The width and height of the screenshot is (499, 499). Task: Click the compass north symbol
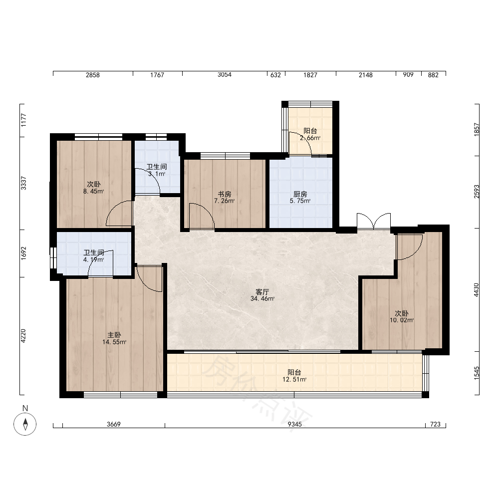(25, 424)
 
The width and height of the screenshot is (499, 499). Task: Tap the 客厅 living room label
(262, 291)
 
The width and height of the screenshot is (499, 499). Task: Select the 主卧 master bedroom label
(114, 335)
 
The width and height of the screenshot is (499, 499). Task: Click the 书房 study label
(225, 194)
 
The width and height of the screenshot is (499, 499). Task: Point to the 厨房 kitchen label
(300, 194)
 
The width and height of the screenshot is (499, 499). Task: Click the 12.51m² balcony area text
(294, 379)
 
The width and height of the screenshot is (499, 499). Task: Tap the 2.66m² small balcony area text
(310, 138)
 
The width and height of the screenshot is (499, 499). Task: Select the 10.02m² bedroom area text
(402, 320)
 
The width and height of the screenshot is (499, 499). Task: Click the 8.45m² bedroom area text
(94, 191)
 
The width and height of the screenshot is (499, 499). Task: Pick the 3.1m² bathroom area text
(157, 174)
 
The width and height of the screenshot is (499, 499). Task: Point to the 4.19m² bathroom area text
(94, 259)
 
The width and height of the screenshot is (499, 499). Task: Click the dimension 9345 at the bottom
(295, 424)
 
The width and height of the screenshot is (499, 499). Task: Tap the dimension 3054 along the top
(225, 74)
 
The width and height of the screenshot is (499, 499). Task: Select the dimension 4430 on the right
(476, 290)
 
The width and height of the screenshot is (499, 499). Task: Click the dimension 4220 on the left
(23, 336)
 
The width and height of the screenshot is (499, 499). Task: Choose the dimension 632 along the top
(275, 75)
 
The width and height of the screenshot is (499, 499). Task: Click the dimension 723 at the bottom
(435, 424)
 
